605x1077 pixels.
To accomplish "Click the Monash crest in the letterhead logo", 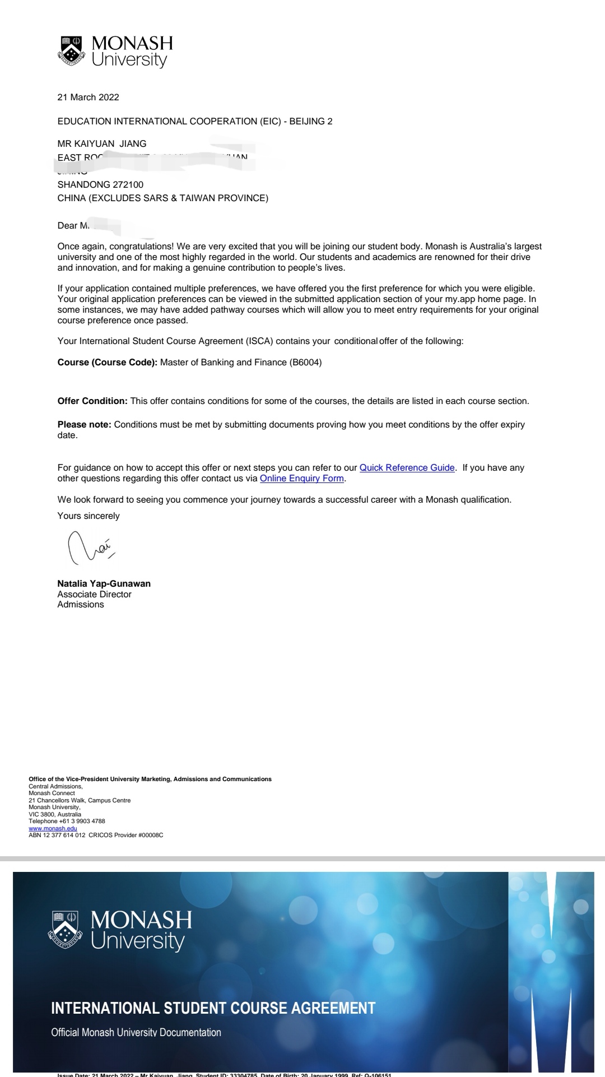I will [x=71, y=50].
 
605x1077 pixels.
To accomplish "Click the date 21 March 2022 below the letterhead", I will [x=88, y=97].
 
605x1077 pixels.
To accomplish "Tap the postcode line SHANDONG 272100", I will [x=100, y=184].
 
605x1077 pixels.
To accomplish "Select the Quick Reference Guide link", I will [x=407, y=467].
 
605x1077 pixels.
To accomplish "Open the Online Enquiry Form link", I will [x=301, y=478].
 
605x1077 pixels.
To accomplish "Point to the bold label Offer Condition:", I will [x=92, y=401].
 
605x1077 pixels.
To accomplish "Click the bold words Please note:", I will [x=84, y=424].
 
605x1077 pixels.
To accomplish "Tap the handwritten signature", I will [x=90, y=547].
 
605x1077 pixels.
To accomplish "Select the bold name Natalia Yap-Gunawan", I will [x=104, y=583].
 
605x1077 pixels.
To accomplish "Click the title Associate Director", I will [x=94, y=594].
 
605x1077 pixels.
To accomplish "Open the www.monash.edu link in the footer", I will [x=53, y=828].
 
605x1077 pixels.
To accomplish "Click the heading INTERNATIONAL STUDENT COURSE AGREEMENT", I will [x=213, y=1008].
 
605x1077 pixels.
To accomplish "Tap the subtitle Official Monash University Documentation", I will [x=136, y=1032].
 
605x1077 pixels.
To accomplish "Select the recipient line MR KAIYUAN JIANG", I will [x=102, y=143].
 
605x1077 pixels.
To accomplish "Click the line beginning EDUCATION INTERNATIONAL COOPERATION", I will [x=194, y=121].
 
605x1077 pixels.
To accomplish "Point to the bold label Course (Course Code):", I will [x=107, y=362].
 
